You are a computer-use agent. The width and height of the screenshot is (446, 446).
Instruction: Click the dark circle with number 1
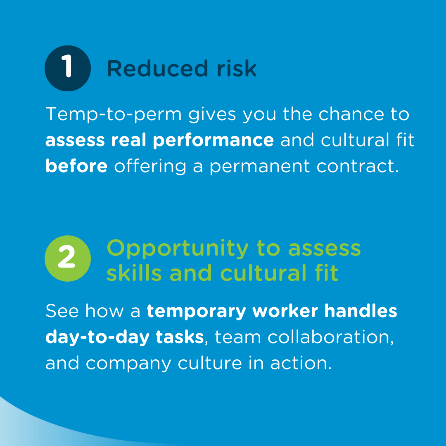(x=67, y=68)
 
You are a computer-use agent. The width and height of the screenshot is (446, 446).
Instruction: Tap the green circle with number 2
(x=67, y=258)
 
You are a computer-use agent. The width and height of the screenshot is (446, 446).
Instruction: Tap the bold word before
(x=76, y=166)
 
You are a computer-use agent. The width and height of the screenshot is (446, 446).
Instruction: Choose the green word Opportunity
(x=178, y=249)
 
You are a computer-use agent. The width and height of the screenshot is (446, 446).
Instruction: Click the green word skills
(x=134, y=273)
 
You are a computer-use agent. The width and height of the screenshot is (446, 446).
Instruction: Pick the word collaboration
(x=330, y=337)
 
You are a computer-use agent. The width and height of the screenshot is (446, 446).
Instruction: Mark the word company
(x=128, y=363)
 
